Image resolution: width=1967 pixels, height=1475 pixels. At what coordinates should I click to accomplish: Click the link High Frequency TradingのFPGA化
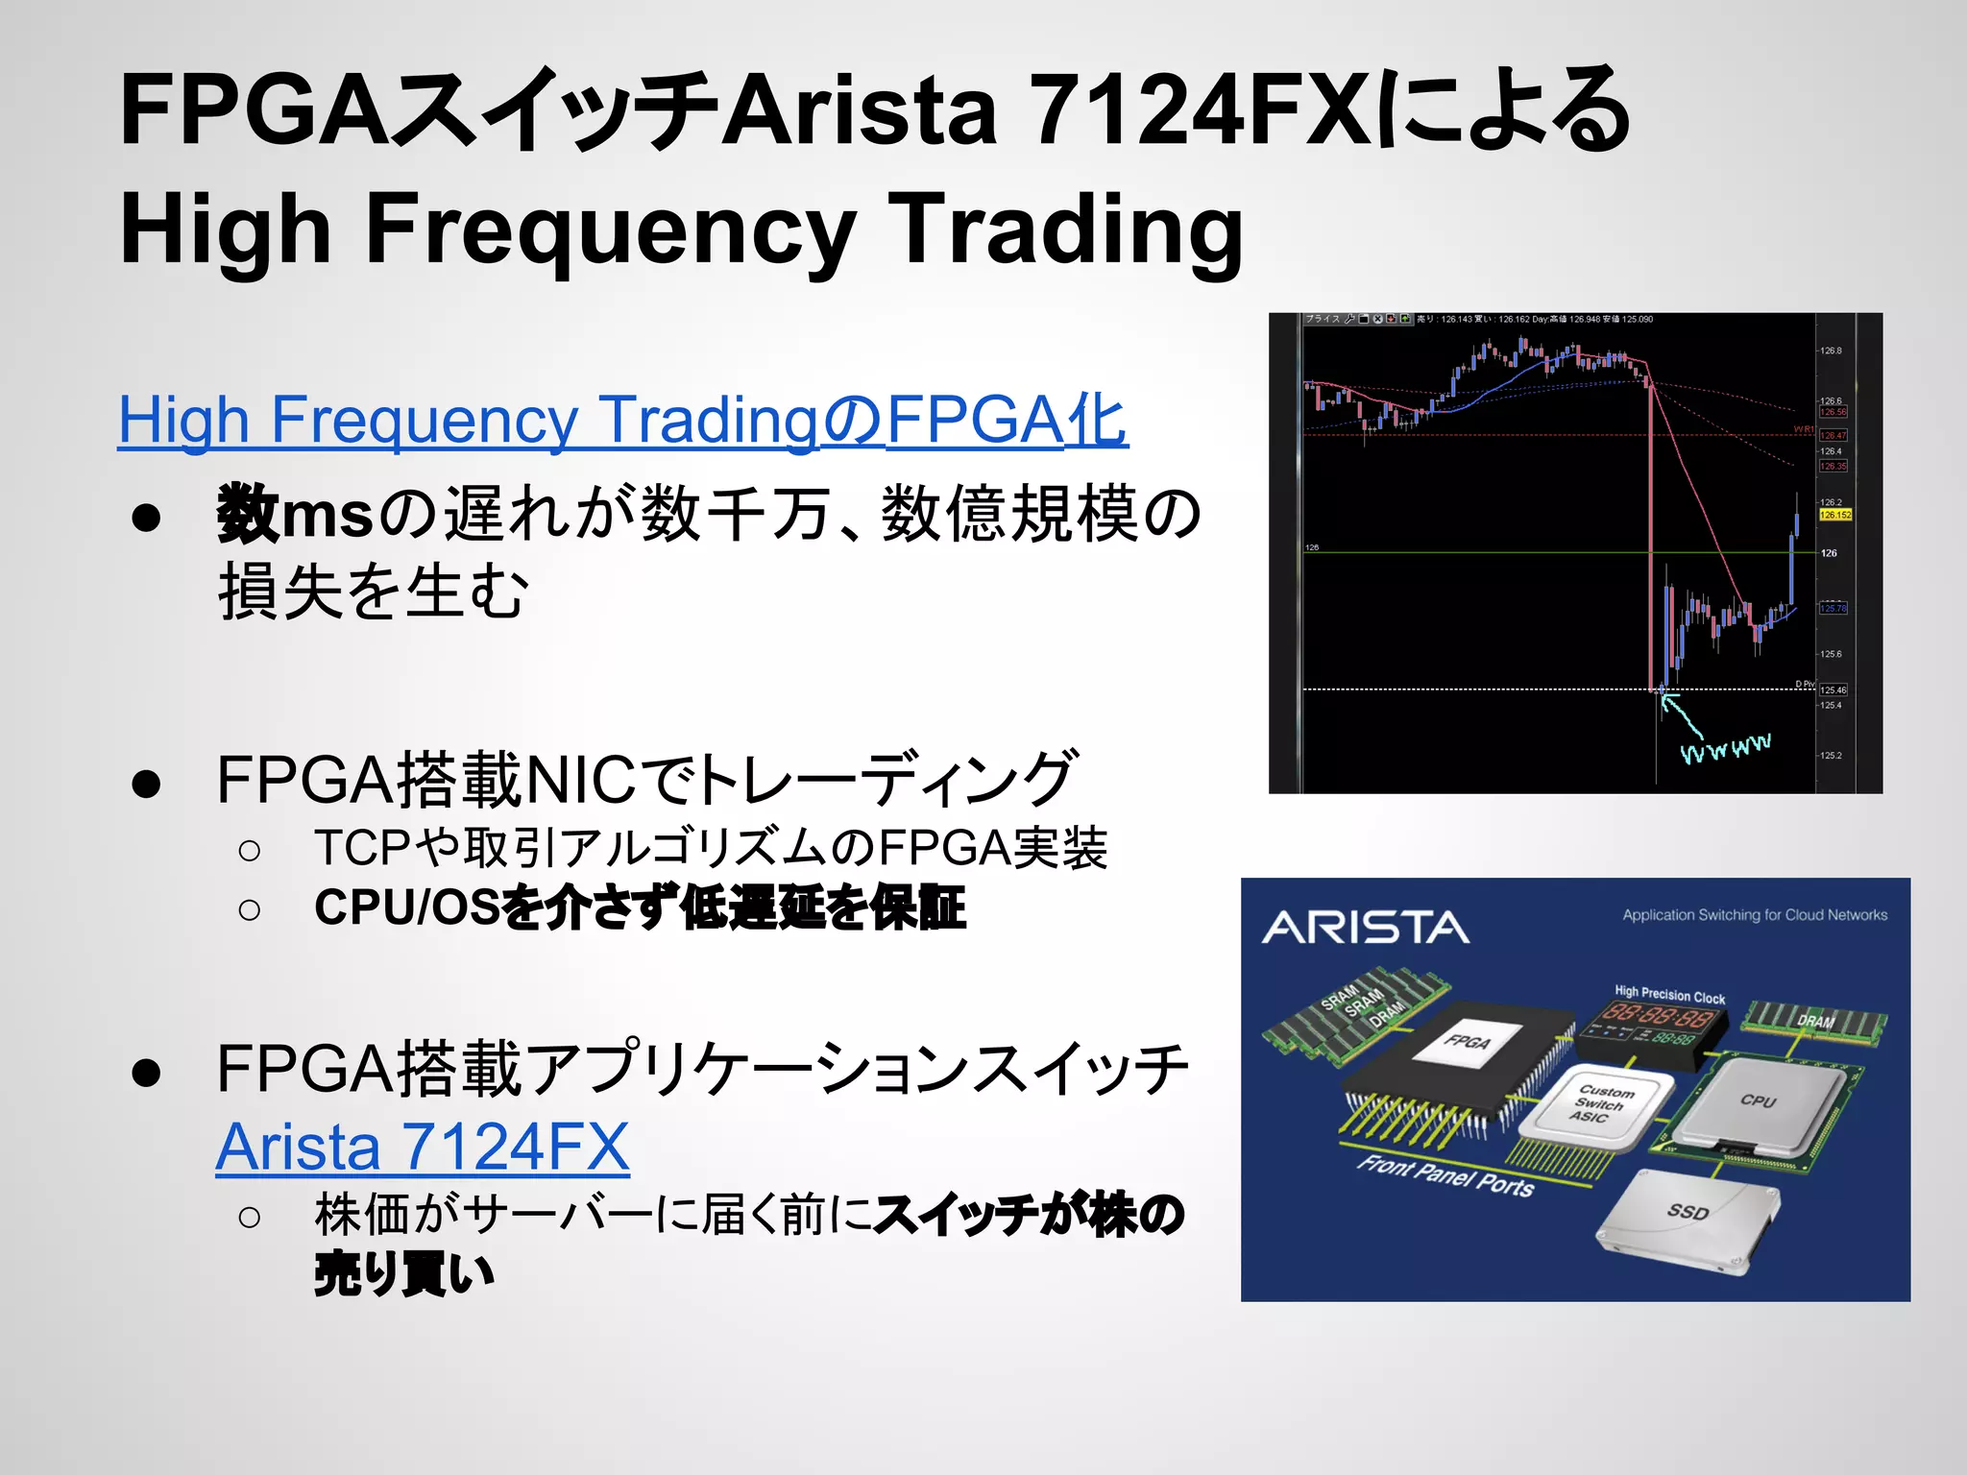point(622,420)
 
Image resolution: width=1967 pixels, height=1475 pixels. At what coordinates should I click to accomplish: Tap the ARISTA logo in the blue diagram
point(1365,928)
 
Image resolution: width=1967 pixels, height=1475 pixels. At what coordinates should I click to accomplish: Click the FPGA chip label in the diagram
point(1468,1042)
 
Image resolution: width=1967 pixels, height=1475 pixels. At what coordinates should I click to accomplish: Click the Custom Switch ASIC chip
point(1598,1104)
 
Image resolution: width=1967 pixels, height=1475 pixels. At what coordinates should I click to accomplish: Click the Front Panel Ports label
point(1445,1176)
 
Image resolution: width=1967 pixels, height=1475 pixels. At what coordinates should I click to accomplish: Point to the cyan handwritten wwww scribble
point(1726,748)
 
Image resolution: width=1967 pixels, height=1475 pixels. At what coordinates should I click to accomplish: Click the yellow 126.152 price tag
point(1834,515)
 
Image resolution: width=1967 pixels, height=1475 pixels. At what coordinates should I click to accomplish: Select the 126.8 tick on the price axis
point(1831,351)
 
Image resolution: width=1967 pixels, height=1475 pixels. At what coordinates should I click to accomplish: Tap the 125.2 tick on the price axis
point(1831,756)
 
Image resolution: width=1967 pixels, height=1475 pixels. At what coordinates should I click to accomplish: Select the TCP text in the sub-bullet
point(363,848)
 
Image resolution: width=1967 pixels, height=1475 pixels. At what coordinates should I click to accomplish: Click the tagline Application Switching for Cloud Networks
point(1755,915)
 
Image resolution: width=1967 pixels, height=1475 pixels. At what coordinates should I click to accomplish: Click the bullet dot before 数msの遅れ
point(146,517)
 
